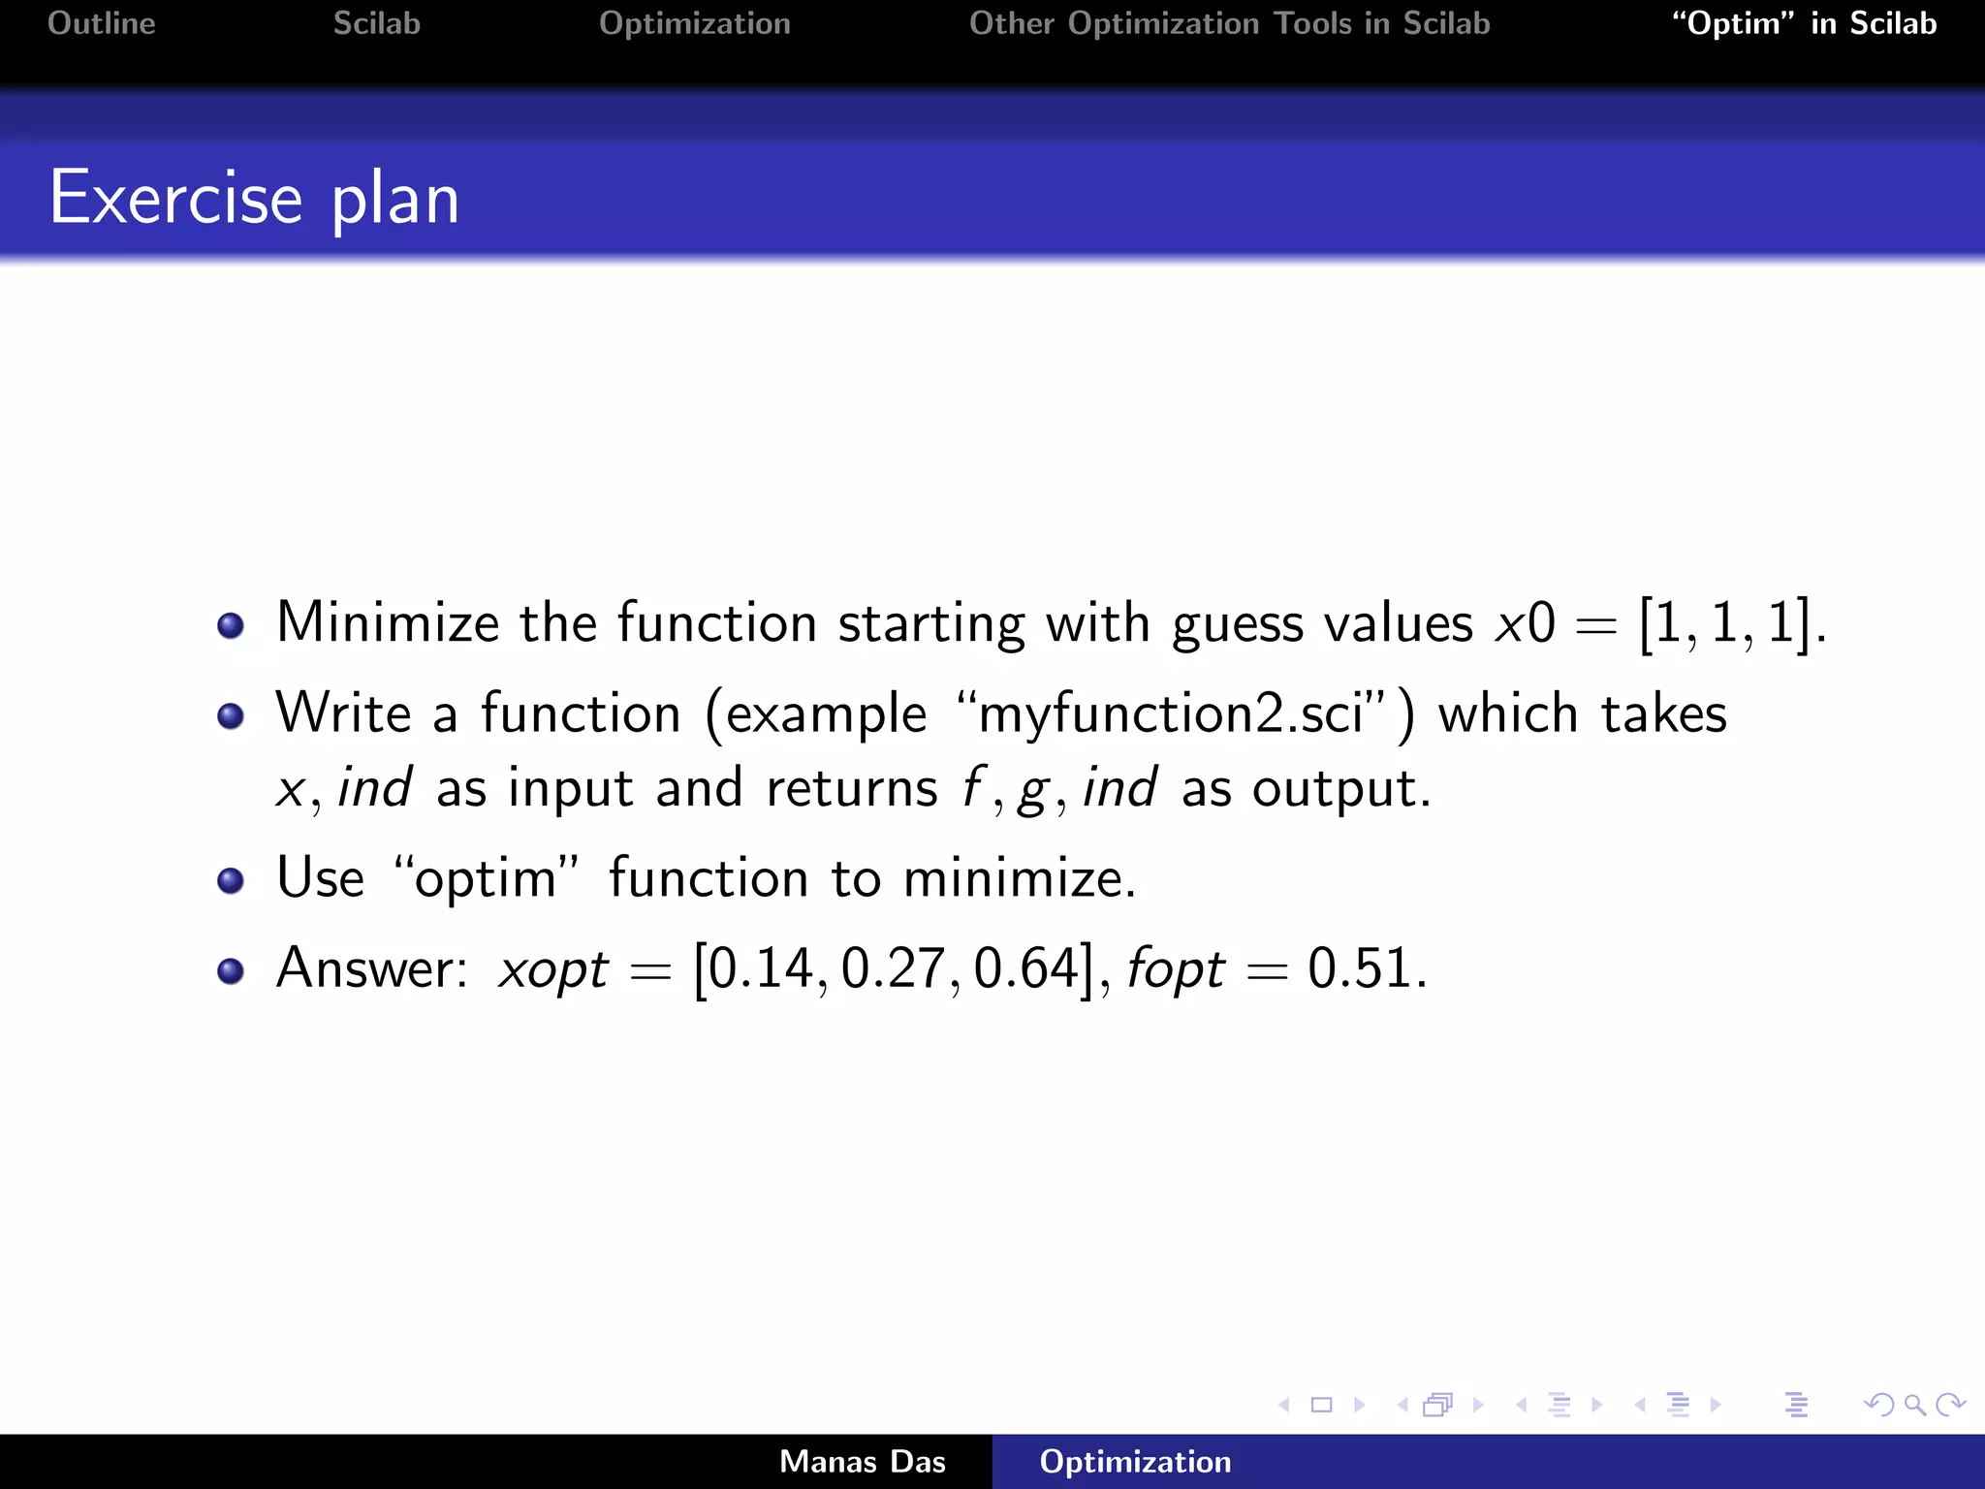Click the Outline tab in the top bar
[102, 23]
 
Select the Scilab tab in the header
[376, 23]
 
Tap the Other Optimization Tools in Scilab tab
[1229, 23]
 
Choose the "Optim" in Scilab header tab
[1804, 23]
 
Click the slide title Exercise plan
[254, 199]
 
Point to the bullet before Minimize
[231, 625]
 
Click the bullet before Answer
[231, 970]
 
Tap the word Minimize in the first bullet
[387, 622]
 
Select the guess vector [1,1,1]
[1724, 624]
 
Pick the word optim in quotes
[485, 878]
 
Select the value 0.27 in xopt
[893, 968]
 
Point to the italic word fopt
[1175, 968]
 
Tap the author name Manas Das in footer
[862, 1462]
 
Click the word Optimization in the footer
[1135, 1462]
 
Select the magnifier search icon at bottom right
[1914, 1405]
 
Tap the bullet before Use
[231, 880]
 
